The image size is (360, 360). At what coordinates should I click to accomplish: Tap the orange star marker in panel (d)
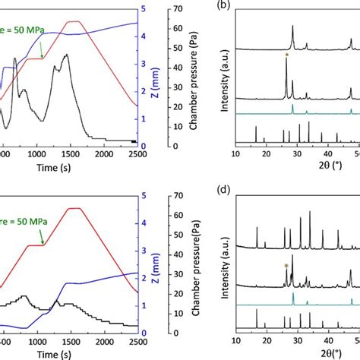coord(286,265)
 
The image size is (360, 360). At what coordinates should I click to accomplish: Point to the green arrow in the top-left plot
coord(40,50)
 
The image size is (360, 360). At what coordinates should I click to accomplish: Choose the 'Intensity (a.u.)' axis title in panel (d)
coord(224,266)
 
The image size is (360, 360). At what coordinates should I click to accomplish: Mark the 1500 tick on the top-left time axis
coord(69,154)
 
